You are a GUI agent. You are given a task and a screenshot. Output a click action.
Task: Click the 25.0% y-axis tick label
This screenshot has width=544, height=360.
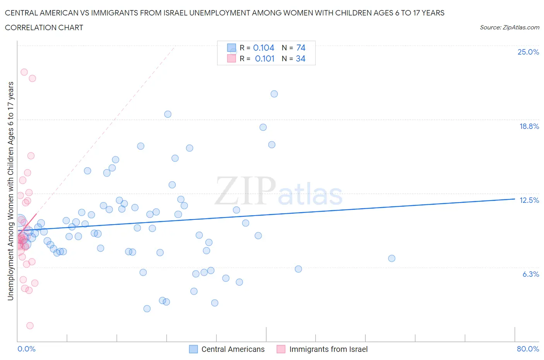[x=528, y=52]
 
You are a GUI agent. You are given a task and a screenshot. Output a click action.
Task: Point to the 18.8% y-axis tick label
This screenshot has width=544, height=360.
[x=529, y=126]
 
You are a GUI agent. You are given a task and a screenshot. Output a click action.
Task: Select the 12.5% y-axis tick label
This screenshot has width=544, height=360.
[x=529, y=200]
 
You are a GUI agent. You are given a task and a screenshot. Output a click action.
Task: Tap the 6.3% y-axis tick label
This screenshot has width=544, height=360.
[x=530, y=274]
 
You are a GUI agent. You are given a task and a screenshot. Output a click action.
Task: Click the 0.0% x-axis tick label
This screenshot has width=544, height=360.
[x=26, y=349]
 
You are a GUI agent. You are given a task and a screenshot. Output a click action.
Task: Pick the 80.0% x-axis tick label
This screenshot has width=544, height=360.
[x=528, y=349]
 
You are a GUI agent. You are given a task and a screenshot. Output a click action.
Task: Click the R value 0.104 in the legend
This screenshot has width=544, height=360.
[x=263, y=48]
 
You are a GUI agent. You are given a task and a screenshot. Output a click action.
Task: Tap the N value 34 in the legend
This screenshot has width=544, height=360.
[x=300, y=58]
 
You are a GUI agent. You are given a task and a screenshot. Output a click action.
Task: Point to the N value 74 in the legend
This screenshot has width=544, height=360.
[x=301, y=48]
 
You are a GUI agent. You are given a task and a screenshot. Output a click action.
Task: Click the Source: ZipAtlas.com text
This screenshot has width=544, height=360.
[x=509, y=27]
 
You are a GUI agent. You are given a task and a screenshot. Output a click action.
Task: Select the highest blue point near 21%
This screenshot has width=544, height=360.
[x=274, y=94]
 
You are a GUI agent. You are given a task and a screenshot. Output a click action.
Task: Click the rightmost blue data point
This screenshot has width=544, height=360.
[x=392, y=258]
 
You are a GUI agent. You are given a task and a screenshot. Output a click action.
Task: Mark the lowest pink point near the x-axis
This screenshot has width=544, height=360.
[x=30, y=326]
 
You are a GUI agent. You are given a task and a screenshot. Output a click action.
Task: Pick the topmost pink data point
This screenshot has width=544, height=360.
[x=24, y=72]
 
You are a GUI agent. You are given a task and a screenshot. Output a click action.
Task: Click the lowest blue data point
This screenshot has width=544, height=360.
[x=147, y=309]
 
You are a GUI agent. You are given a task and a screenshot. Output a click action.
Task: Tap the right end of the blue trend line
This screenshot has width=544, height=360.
[x=515, y=199]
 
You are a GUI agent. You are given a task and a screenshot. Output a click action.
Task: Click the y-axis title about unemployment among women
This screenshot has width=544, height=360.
[x=10, y=191]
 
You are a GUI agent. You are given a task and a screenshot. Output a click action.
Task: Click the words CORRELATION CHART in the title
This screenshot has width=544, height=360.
[x=44, y=27]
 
